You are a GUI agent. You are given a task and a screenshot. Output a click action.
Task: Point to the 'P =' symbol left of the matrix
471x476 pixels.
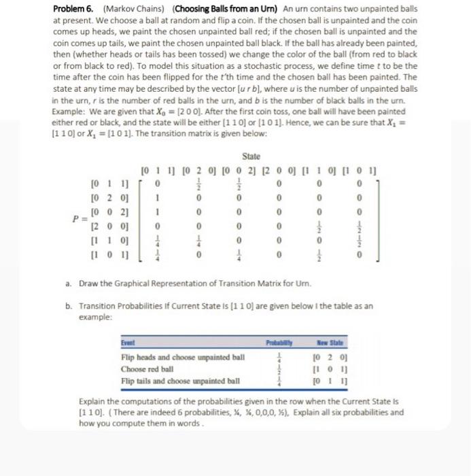point(80,219)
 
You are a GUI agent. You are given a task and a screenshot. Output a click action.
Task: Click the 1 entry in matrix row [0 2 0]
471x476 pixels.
point(158,198)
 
